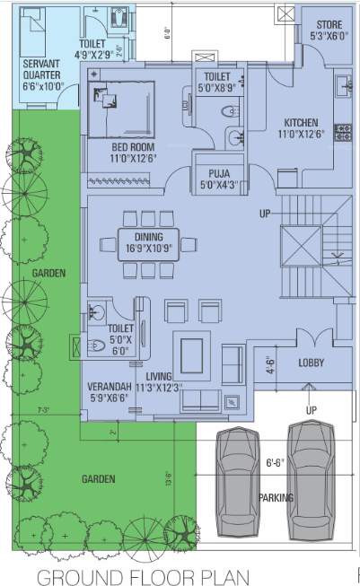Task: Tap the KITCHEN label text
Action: (x=302, y=123)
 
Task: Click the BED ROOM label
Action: (x=133, y=146)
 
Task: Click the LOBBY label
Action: (x=311, y=363)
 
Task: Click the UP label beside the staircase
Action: (x=265, y=214)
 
